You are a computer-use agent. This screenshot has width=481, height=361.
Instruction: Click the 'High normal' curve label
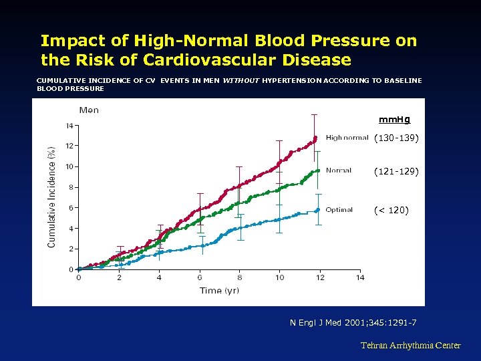click(347, 138)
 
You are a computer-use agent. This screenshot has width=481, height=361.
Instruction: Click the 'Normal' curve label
click(339, 170)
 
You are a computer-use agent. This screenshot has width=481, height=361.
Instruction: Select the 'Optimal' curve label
click(339, 210)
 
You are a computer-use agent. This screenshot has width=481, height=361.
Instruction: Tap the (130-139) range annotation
click(396, 138)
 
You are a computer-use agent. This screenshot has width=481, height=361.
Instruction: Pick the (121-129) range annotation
click(396, 172)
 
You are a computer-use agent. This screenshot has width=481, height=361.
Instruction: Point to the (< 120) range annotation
click(391, 211)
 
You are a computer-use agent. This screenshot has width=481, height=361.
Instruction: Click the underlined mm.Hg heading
click(394, 120)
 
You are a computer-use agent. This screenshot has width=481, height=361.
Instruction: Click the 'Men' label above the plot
click(89, 110)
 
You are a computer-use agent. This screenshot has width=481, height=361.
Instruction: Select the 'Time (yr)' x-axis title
click(219, 290)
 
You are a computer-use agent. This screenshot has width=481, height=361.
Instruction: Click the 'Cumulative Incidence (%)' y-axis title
click(52, 197)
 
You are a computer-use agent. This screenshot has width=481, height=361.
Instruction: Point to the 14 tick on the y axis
click(69, 125)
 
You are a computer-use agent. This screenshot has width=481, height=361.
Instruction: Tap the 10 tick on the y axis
click(69, 166)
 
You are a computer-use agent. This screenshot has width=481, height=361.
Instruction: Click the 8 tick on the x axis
click(239, 278)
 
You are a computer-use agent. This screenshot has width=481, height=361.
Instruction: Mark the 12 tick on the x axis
click(319, 278)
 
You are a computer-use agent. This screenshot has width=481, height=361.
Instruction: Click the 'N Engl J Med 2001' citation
click(353, 324)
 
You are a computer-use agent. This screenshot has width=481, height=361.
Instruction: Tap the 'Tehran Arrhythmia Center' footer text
click(410, 346)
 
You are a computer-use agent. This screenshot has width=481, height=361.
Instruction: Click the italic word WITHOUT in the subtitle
click(240, 80)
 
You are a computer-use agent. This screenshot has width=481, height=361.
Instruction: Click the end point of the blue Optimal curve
click(318, 210)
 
